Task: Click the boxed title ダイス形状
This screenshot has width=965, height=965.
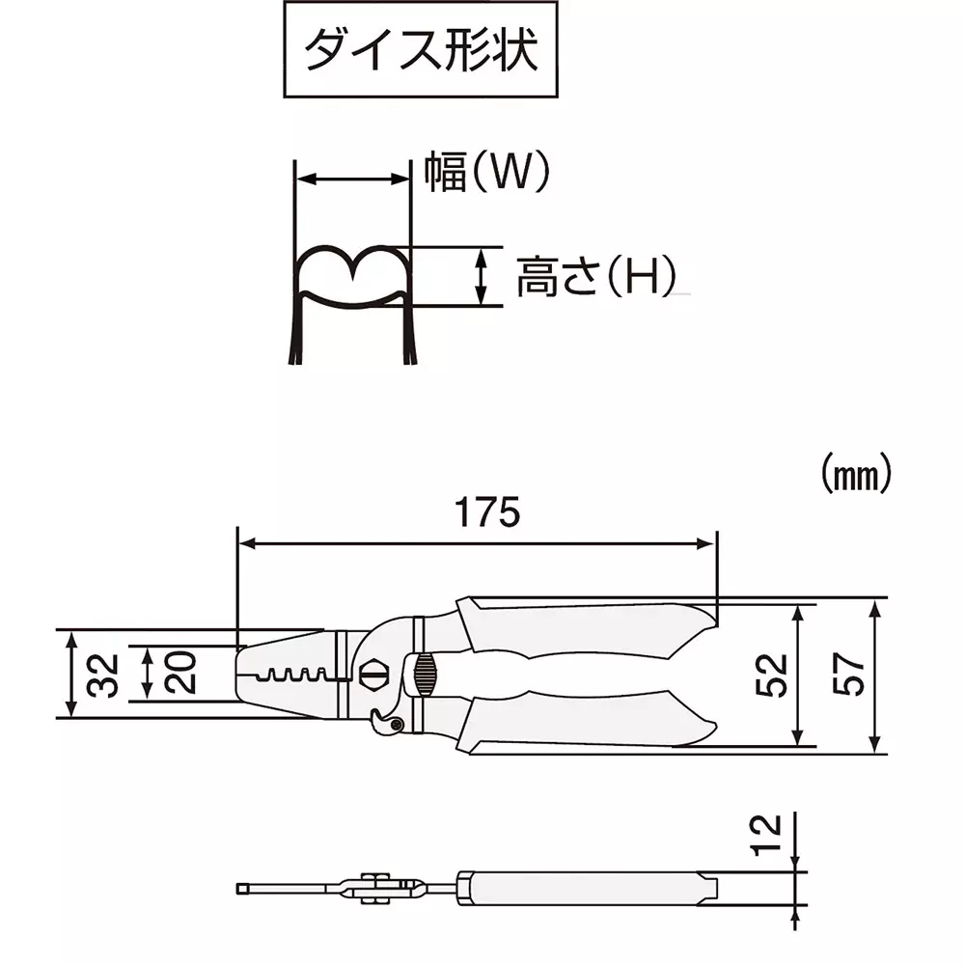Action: pos(421,49)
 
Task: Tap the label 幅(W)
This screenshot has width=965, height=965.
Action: pos(487,173)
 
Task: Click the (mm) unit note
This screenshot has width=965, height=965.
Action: pos(853,474)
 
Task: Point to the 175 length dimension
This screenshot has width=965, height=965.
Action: pos(487,513)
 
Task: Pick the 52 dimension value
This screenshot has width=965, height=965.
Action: pos(773,675)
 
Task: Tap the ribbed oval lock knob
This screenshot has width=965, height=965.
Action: pos(424,672)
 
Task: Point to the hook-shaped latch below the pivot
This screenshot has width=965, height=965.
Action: pos(386,721)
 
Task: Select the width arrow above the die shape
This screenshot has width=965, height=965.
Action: pos(351,179)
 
